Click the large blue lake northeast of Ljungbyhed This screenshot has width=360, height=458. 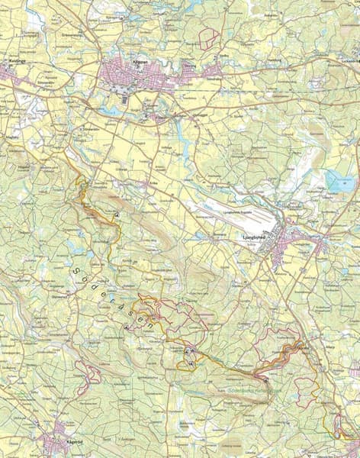(339, 182)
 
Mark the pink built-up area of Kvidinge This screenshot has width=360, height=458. (9, 75)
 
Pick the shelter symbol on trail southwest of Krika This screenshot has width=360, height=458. (118, 216)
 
